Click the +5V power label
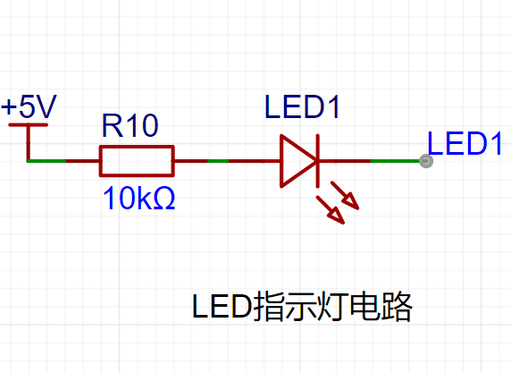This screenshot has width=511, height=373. [29, 106]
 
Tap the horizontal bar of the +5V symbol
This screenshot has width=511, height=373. [28, 124]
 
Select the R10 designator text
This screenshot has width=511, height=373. [130, 125]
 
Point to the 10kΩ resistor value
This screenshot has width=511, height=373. [138, 198]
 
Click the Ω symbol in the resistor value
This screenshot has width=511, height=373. [163, 198]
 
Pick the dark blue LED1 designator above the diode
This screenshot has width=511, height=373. [303, 106]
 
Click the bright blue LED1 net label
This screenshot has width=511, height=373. [465, 143]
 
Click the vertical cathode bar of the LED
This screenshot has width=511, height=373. [318, 161]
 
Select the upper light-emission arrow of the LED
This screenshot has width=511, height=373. [345, 195]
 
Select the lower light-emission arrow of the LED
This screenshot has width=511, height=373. [331, 210]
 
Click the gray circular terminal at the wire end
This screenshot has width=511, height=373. [426, 161]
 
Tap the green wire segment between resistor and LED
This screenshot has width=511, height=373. [218, 161]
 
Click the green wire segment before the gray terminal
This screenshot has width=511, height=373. [395, 161]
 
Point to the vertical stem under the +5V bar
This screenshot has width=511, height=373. [29, 143]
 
